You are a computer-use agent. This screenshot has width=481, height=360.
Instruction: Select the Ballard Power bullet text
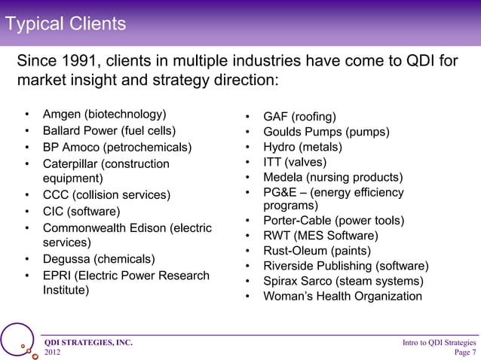[x=109, y=130]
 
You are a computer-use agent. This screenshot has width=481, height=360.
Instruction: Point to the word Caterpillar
[x=74, y=163]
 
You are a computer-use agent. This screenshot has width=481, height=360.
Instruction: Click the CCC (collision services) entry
[x=106, y=195]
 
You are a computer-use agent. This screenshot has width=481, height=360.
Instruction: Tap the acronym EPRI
[x=58, y=276]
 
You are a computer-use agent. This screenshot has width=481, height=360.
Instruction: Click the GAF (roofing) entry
[x=299, y=117]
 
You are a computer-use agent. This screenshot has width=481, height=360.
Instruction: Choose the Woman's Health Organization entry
[x=342, y=296]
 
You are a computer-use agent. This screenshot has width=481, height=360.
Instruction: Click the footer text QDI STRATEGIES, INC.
[x=89, y=343]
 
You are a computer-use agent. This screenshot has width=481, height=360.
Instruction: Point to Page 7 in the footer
[x=464, y=352]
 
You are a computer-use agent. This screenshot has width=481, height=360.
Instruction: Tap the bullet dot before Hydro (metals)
[x=247, y=148]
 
